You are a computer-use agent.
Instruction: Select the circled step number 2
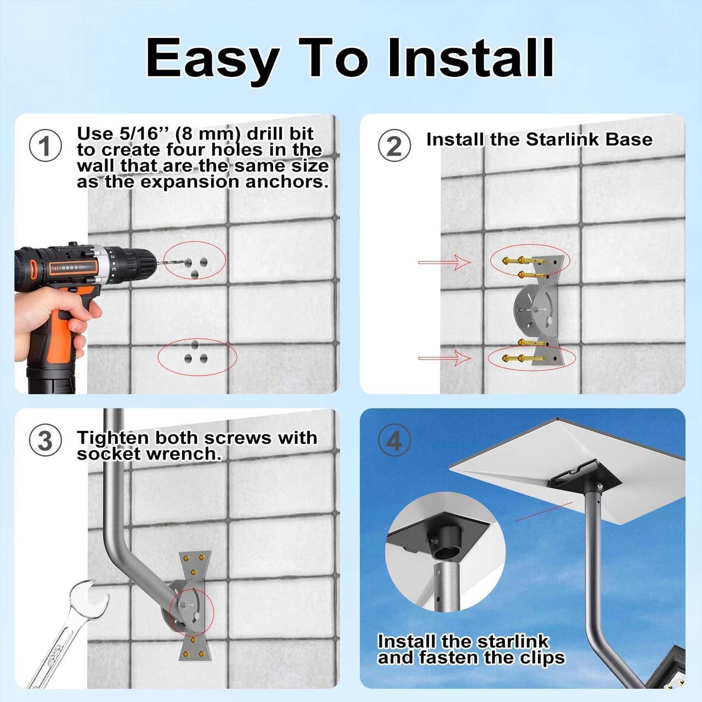(394, 146)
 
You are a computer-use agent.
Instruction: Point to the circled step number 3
(45, 441)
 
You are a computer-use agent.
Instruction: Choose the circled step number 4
(394, 441)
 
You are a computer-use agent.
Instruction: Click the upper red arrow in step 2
(444, 263)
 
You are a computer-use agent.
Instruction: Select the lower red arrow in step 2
(444, 359)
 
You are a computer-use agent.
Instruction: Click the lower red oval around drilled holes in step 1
(197, 356)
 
